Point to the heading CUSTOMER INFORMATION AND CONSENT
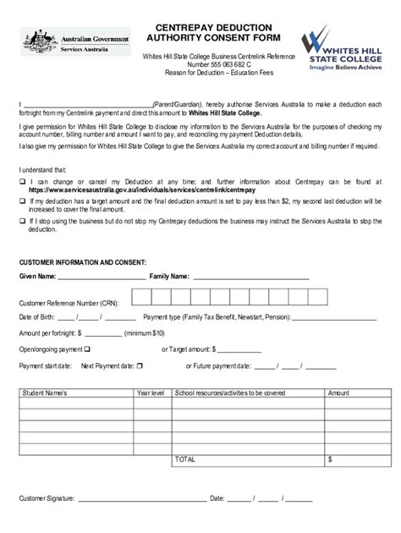point(83,262)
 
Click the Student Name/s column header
point(44,393)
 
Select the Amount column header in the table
point(338,393)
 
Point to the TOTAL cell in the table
point(184,459)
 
